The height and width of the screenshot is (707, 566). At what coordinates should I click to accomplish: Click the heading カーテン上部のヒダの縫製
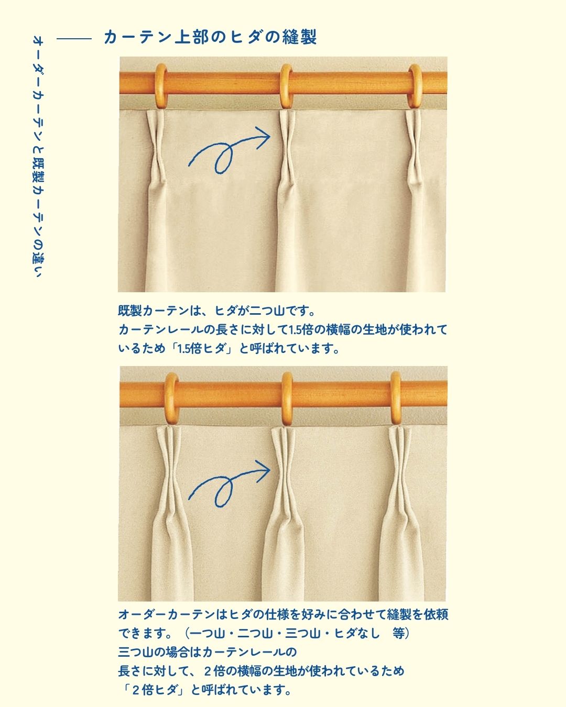click(x=210, y=37)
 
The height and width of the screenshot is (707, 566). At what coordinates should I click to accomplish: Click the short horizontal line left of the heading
click(x=74, y=39)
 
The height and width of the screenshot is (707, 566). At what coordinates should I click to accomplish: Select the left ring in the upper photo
click(x=161, y=86)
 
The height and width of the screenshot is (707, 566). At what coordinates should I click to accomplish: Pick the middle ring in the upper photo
click(x=286, y=86)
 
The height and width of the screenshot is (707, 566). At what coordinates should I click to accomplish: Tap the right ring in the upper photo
click(x=415, y=86)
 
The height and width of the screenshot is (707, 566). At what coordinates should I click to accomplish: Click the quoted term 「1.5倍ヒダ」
click(x=201, y=348)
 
